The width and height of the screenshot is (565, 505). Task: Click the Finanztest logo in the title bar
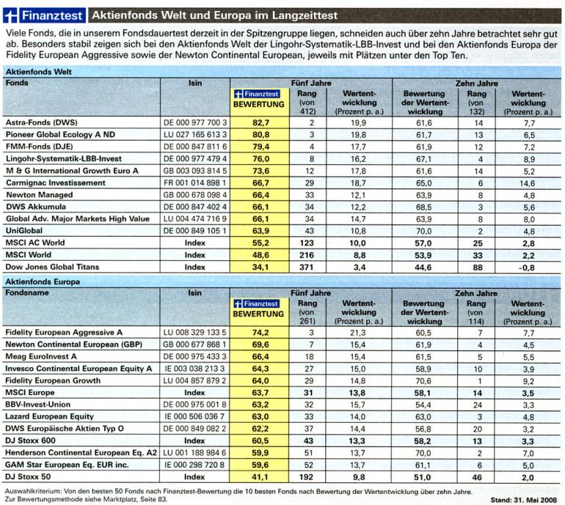click(44, 15)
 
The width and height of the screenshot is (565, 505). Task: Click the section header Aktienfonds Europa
click(43, 281)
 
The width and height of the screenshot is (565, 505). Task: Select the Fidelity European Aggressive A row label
click(64, 332)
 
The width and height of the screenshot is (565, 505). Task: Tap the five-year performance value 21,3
click(359, 332)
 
